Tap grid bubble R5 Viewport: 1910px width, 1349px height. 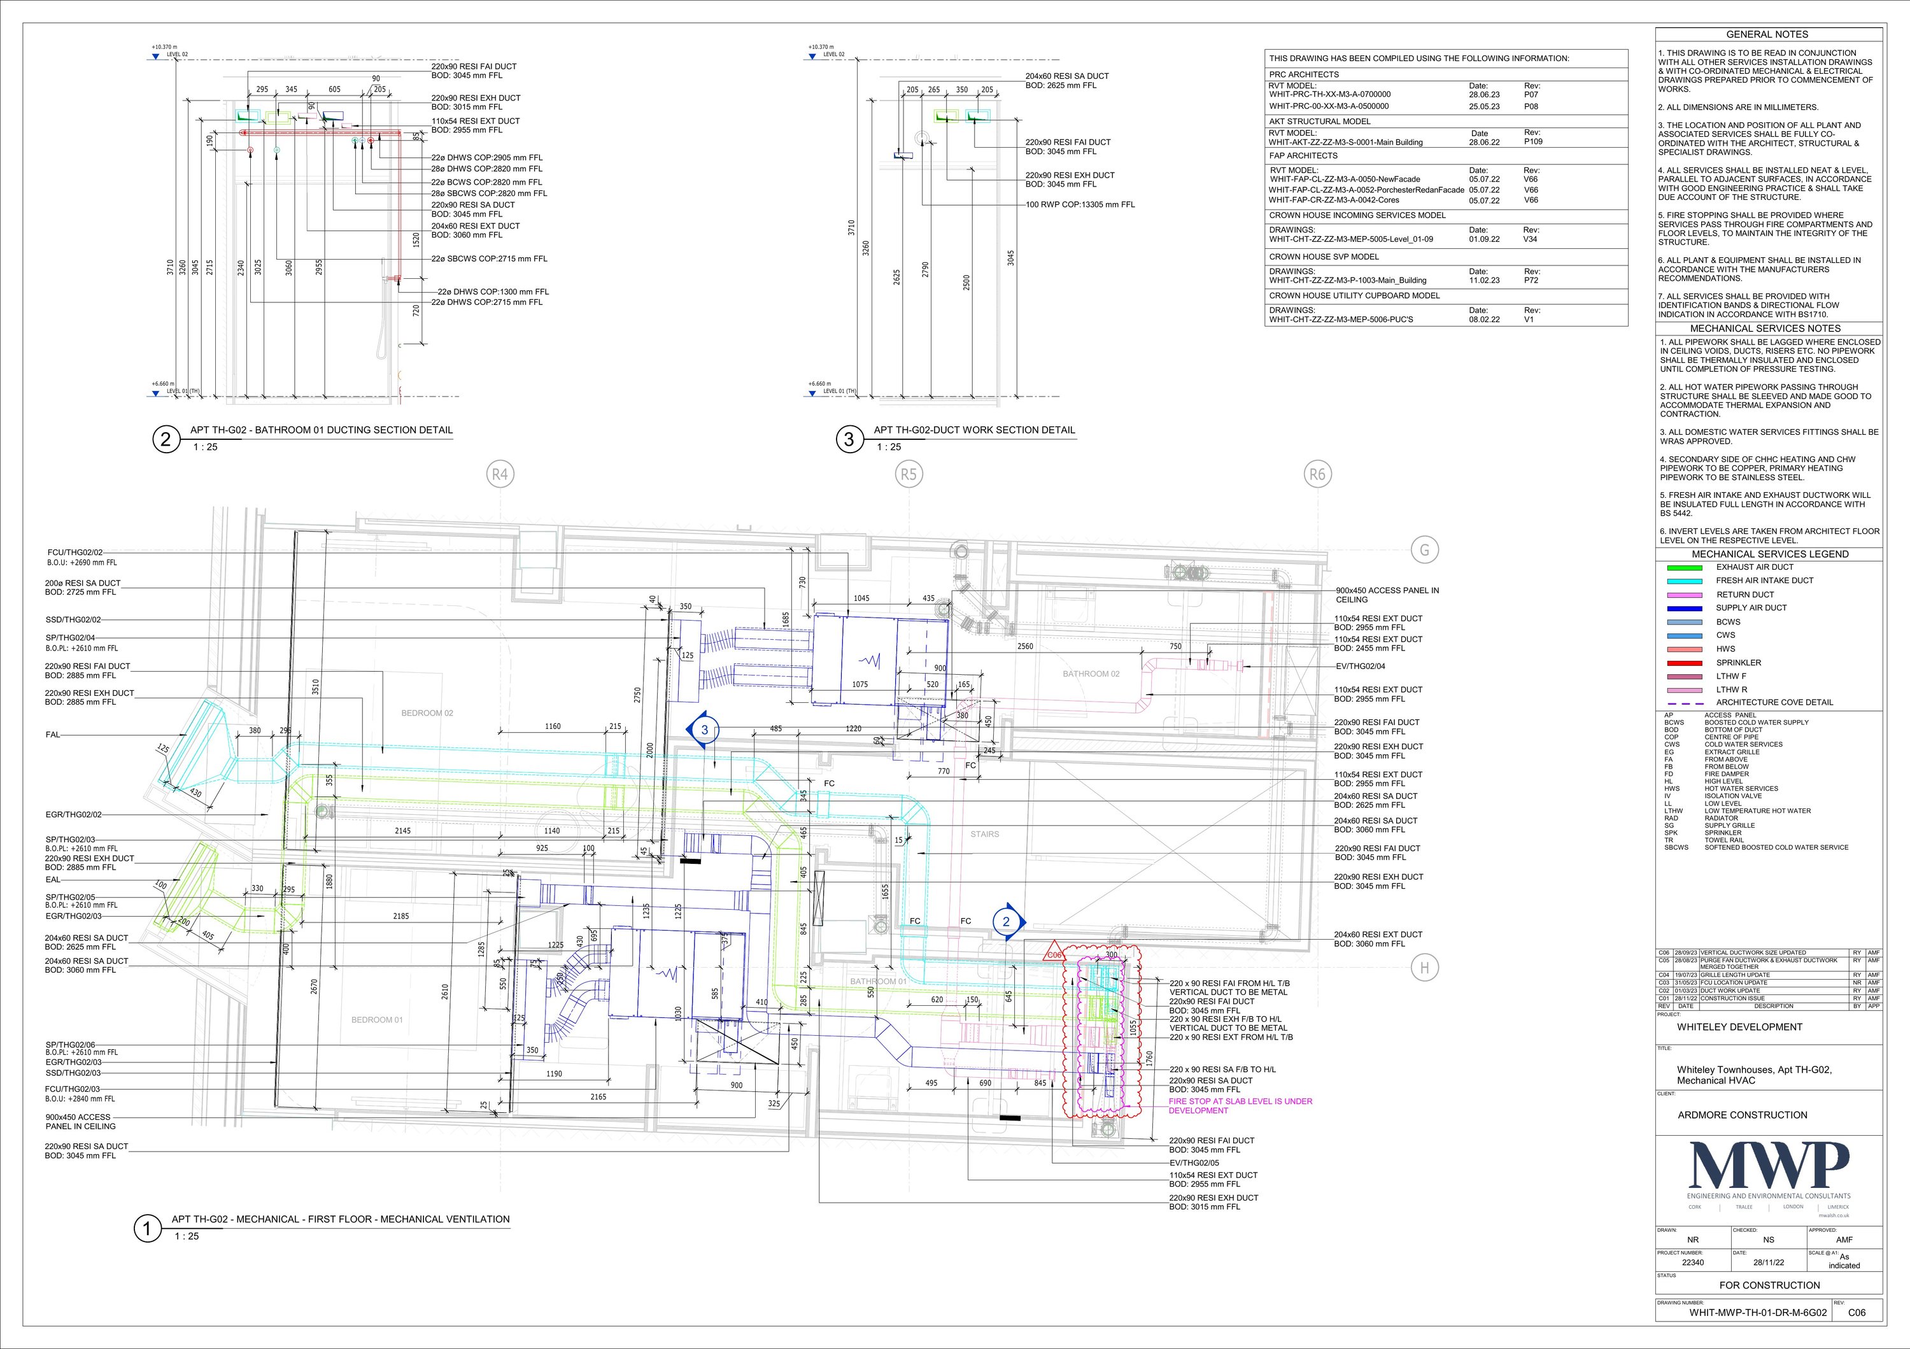(x=909, y=474)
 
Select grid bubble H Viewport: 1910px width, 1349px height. (x=1424, y=967)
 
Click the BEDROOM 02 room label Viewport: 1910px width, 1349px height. (x=427, y=713)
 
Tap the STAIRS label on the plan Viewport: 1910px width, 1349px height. (x=984, y=834)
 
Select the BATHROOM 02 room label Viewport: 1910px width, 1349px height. (x=1091, y=674)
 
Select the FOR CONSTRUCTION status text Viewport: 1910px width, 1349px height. (x=1769, y=1285)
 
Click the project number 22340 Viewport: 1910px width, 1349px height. (x=1692, y=1262)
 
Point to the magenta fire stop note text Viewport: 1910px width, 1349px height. (x=1240, y=1105)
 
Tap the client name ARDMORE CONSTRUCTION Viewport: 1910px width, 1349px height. (x=1742, y=1115)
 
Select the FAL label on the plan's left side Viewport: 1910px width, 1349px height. (x=53, y=735)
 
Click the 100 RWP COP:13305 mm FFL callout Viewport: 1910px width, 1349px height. (x=1079, y=204)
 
